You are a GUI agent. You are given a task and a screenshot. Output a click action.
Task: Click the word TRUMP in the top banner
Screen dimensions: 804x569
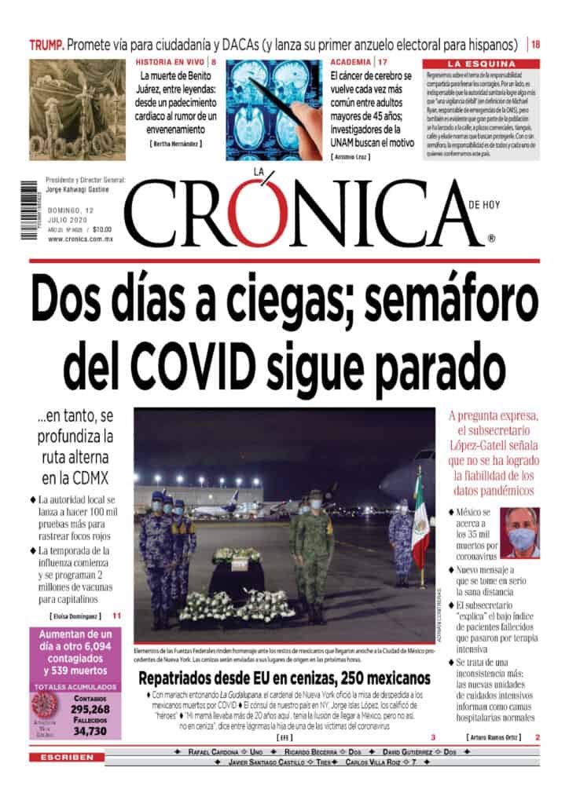46,45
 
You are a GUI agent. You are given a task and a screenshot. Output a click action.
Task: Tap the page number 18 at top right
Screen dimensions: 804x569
535,45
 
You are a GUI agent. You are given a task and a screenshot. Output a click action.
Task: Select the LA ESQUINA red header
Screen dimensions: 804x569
481,63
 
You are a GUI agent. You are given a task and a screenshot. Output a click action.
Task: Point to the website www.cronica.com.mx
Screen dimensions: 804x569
80,239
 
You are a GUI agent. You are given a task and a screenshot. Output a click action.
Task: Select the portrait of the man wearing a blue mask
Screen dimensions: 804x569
520,533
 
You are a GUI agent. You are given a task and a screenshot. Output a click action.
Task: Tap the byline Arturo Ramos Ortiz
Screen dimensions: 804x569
493,737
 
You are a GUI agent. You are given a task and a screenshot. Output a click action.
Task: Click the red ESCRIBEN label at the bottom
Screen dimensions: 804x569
66,757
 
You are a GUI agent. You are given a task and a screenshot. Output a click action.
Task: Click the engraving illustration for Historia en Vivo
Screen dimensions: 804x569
77,99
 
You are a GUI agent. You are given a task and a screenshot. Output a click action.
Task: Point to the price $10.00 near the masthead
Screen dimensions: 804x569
102,229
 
